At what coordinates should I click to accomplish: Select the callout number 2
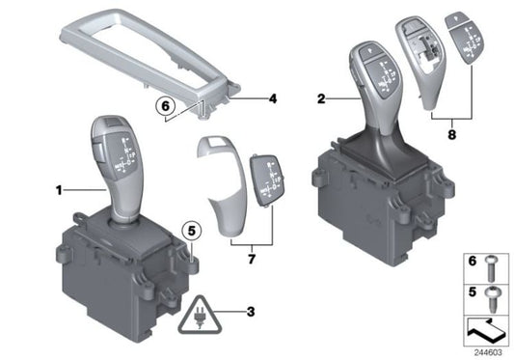321,97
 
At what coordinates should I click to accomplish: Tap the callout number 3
250,312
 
